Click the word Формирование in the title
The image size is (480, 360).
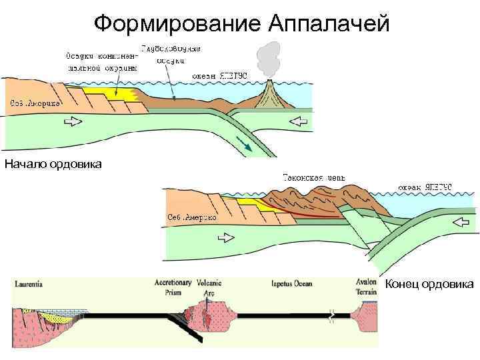coord(177,24)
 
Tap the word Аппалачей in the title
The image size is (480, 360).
coord(327,24)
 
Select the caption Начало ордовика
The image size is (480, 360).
coord(53,164)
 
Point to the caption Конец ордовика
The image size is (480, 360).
coord(430,285)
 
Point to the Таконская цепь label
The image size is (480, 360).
coord(313,177)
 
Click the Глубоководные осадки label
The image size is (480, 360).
coord(171,54)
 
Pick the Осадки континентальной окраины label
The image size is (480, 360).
coord(101,61)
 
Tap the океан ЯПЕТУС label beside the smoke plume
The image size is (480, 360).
coord(219,75)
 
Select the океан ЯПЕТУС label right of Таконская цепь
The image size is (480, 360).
coord(425,187)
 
